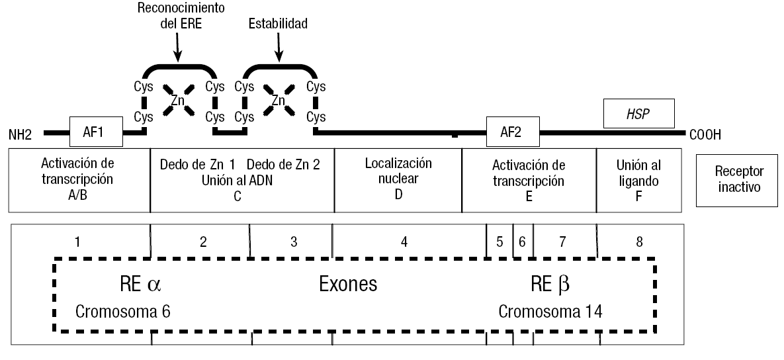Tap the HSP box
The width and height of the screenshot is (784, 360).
pyautogui.click(x=638, y=114)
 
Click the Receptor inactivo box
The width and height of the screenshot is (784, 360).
pyautogui.click(x=738, y=179)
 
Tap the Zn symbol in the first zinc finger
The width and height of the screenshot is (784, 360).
pyautogui.click(x=177, y=101)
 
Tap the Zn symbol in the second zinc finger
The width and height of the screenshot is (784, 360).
pyautogui.click(x=279, y=101)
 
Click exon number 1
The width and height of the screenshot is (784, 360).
pyautogui.click(x=77, y=242)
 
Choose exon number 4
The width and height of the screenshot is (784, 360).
pyautogui.click(x=404, y=242)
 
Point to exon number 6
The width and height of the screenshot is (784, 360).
pyautogui.click(x=522, y=242)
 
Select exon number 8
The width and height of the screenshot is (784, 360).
pyautogui.click(x=638, y=242)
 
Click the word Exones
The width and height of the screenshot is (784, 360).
pyautogui.click(x=348, y=285)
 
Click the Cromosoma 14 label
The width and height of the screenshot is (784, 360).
pyautogui.click(x=550, y=311)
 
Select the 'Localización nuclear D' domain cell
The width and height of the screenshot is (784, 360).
pyautogui.click(x=398, y=179)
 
